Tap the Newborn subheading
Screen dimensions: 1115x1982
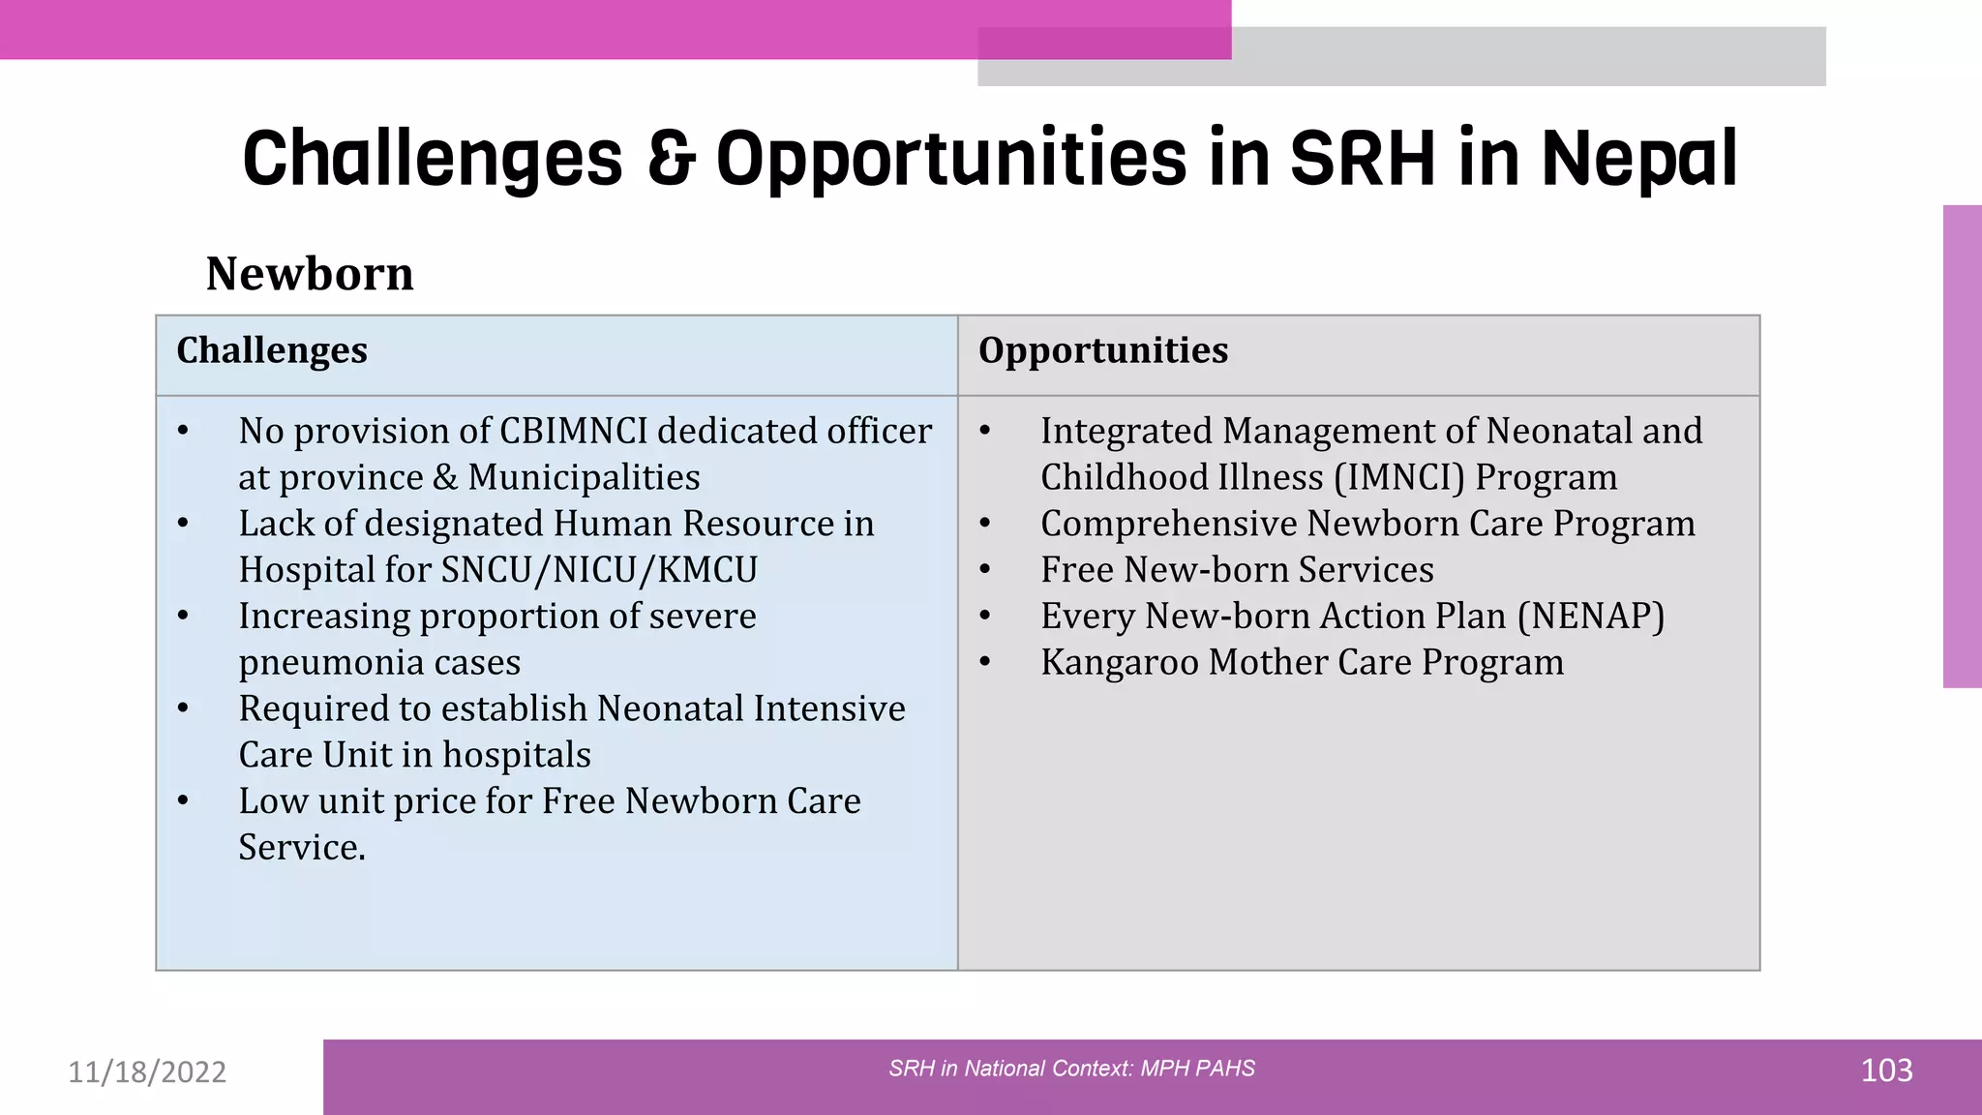310,274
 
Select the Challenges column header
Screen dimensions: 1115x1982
272,350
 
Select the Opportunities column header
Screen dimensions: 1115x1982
1102,350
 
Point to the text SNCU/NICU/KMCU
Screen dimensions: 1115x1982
599,570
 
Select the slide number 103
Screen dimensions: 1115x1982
1886,1070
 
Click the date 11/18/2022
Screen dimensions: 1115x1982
147,1072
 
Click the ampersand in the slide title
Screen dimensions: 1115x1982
671,159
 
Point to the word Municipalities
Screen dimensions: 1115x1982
584,478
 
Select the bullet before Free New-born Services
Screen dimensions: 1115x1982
985,570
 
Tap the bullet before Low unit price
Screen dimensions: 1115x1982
183,801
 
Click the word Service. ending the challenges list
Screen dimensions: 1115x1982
302,848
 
